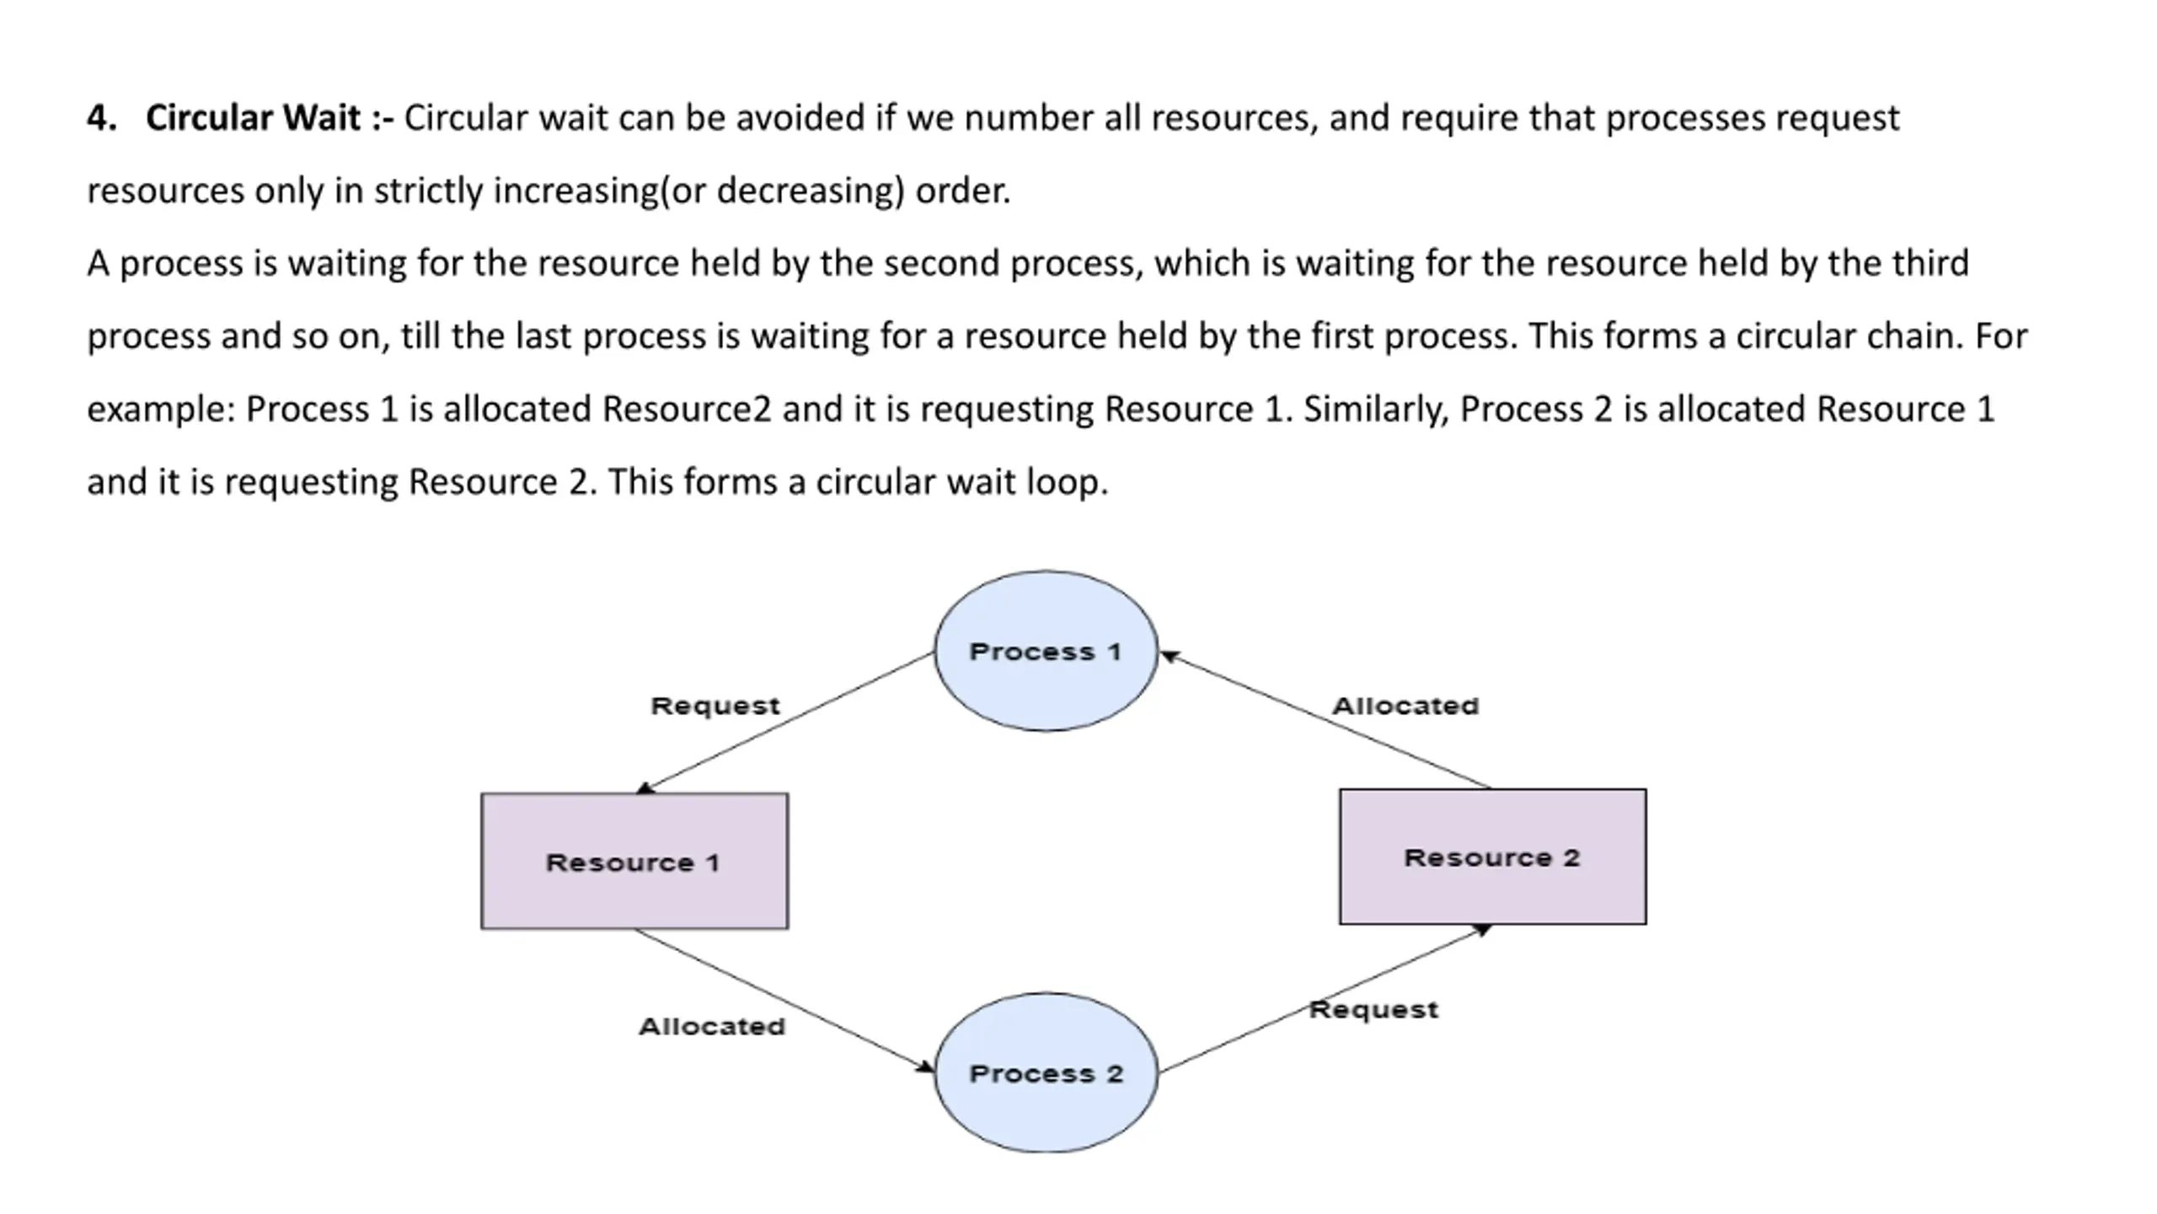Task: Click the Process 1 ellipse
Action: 1046,651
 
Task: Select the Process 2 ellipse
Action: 1046,1072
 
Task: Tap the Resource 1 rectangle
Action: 634,861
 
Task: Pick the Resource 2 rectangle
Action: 1492,857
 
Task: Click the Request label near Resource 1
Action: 715,706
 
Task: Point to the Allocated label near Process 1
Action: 1405,706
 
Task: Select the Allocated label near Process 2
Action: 712,1026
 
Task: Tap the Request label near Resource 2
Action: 1373,1010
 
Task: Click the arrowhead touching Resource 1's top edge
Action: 645,787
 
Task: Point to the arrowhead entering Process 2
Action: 924,1067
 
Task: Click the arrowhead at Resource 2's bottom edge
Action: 1481,930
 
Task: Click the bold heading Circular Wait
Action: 253,118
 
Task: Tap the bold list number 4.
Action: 101,118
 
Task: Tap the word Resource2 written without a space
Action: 686,410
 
